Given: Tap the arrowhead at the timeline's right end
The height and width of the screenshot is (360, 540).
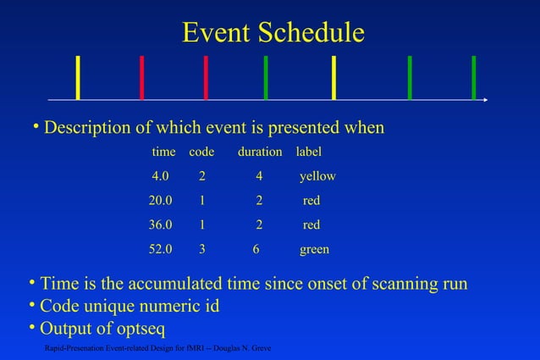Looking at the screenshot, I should click(485, 100).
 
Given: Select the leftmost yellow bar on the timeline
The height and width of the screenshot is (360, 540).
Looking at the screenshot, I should click(78, 77).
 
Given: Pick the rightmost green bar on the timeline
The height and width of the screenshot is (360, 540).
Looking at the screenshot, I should click(473, 77).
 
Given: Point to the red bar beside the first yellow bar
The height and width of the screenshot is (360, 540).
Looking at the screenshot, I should click(141, 77).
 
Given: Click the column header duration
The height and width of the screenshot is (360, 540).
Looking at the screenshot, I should click(260, 152).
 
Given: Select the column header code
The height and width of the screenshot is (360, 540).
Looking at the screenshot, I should click(201, 152).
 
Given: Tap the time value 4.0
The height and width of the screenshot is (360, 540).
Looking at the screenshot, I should click(160, 176).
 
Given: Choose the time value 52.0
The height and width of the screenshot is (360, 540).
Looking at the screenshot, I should click(160, 250).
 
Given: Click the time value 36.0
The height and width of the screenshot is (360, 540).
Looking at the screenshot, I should click(160, 225).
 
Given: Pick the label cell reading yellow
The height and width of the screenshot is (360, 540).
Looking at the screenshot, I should click(317, 176).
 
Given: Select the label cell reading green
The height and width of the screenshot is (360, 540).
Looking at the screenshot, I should click(314, 250).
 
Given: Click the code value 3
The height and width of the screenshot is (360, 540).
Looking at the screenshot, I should click(201, 250).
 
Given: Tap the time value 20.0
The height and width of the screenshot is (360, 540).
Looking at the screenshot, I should click(160, 201).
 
